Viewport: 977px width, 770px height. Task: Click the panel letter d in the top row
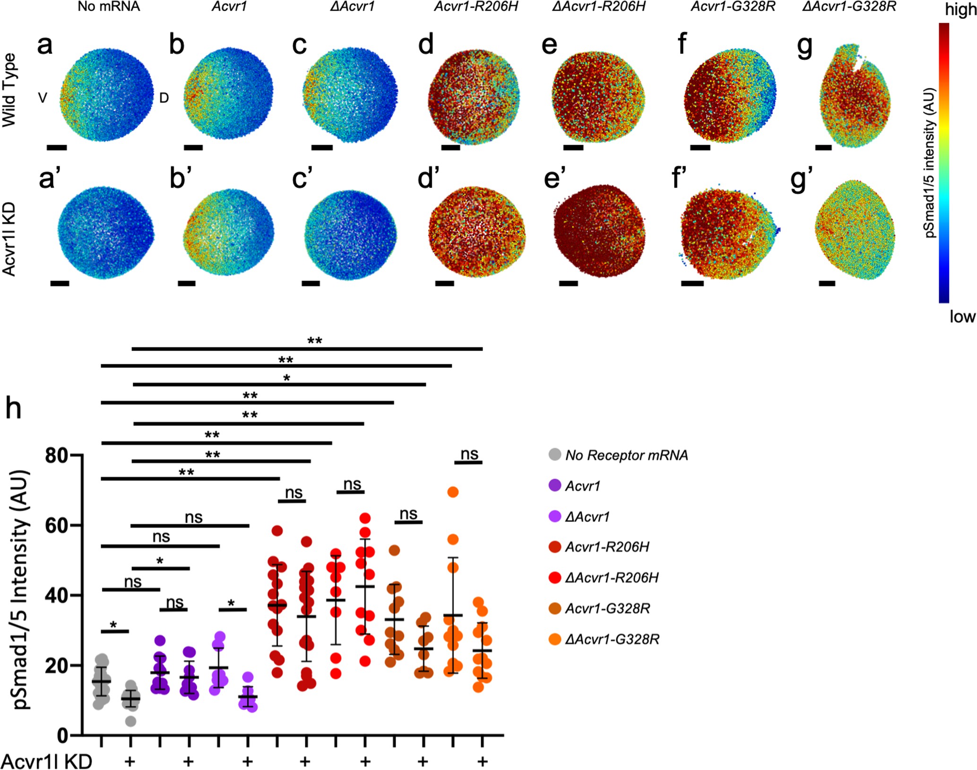click(x=425, y=44)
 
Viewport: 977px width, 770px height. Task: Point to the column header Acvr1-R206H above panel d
click(x=476, y=8)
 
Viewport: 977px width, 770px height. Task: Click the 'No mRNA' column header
click(x=109, y=8)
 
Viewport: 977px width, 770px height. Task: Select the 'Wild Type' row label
click(x=9, y=90)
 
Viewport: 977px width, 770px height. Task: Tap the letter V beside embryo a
click(x=43, y=98)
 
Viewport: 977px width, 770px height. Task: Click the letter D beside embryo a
click(x=164, y=98)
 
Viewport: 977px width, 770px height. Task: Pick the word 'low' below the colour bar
click(x=962, y=317)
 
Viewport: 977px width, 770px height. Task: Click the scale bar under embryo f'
click(x=692, y=283)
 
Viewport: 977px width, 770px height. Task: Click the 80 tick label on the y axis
click(x=56, y=455)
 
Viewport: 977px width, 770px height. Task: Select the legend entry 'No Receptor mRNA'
click(x=618, y=455)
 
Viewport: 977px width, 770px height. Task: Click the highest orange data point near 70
click(x=453, y=492)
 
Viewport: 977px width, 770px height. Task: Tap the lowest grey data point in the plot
click(x=131, y=721)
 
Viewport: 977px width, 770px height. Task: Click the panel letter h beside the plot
click(x=13, y=408)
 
